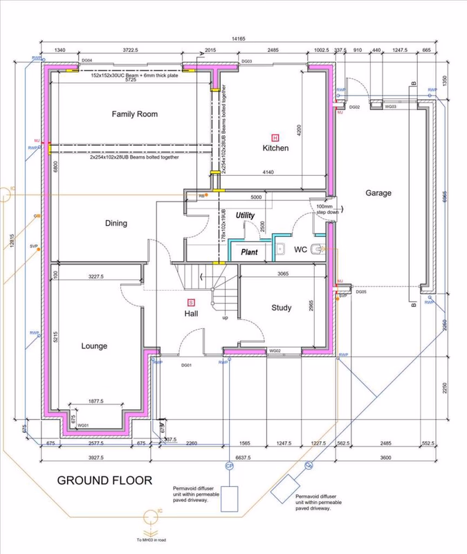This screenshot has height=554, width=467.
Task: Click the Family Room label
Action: tap(135, 114)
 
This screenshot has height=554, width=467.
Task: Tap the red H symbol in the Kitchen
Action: tap(275, 137)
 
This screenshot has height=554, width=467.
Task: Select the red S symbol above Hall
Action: tap(192, 302)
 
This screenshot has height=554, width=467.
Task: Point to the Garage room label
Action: tap(378, 193)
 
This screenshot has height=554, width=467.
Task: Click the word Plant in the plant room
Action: tap(249, 252)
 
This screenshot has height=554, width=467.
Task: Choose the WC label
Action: tap(300, 249)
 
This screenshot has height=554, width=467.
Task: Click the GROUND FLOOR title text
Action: tap(104, 480)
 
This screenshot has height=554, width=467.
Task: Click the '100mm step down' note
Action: tap(324, 209)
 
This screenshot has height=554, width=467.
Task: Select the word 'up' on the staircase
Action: tap(225, 318)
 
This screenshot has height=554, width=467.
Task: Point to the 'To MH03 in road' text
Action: tap(150, 539)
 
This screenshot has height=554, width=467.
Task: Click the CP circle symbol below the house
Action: tap(228, 466)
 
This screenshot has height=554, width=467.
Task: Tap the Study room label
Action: tap(281, 308)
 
